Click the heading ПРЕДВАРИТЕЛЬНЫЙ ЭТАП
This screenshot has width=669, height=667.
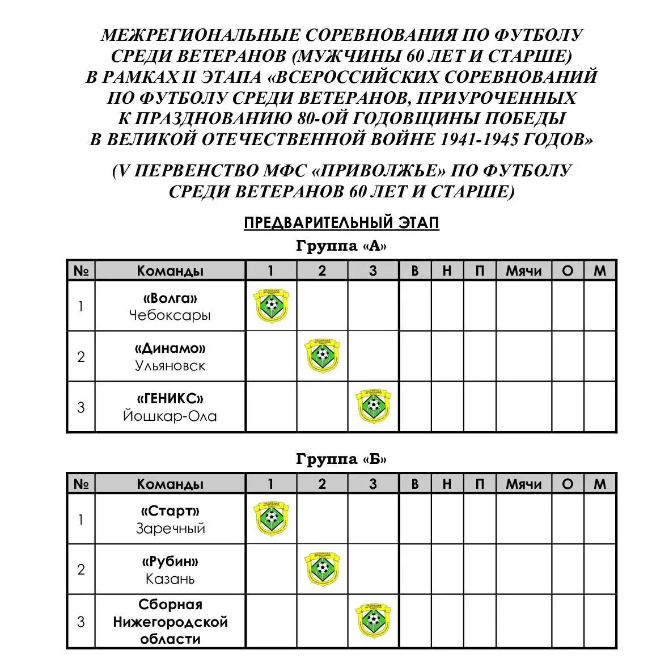pos(341,223)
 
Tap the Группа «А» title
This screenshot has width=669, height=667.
pos(341,246)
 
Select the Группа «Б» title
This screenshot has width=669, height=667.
pos(341,459)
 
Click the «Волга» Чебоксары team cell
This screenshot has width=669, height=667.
pos(170,306)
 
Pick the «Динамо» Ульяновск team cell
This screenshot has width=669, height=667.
pos(170,357)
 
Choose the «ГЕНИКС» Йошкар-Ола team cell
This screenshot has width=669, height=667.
pos(170,407)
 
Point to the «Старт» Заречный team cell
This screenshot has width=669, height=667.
pos(170,520)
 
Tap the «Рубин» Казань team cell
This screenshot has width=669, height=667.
pos(170,570)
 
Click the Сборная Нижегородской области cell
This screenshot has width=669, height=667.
pos(170,622)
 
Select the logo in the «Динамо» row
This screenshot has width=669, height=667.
pos(322,356)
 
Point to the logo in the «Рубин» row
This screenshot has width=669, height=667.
pos(322,569)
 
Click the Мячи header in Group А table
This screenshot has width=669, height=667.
pos(523,271)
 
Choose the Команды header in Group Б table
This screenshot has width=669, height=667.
pos(170,484)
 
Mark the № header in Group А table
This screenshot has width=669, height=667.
pos(81,271)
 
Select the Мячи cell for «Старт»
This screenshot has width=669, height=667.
pos(523,520)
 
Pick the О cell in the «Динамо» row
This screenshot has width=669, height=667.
pos(568,357)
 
